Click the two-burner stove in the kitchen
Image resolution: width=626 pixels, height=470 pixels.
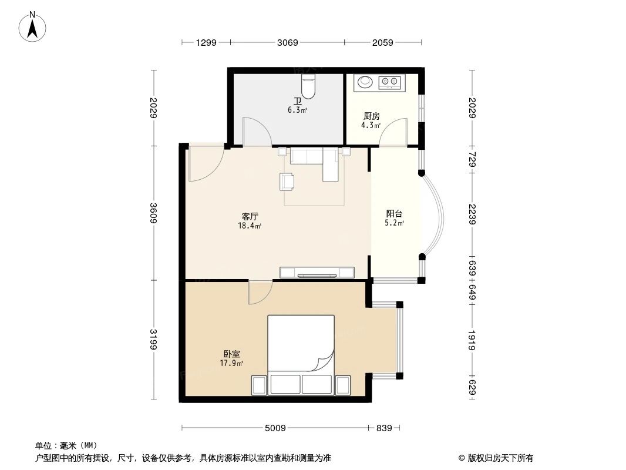click(389, 82)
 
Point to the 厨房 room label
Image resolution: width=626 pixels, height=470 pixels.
click(371, 116)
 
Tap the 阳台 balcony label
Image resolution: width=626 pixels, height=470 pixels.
click(394, 214)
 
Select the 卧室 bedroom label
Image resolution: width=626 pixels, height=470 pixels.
click(231, 354)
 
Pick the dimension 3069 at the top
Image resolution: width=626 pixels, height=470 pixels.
click(288, 42)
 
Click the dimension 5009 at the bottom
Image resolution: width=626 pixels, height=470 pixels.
click(275, 428)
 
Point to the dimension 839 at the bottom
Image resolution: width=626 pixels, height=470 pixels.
click(383, 428)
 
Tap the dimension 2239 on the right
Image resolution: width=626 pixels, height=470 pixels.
click(472, 214)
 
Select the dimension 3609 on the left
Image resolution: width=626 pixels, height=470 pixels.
click(153, 213)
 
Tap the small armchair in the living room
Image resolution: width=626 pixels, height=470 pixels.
click(287, 182)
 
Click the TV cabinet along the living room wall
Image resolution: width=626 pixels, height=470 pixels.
click(317, 272)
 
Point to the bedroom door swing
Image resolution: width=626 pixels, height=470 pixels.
click(260, 292)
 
